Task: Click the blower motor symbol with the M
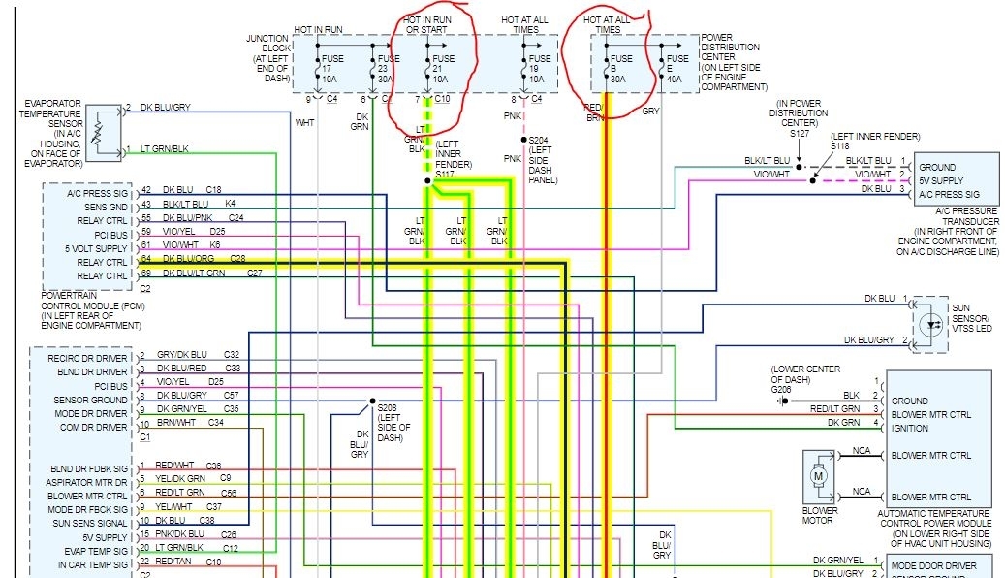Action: click(x=818, y=475)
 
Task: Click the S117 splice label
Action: click(x=446, y=174)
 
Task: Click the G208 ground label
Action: click(x=781, y=390)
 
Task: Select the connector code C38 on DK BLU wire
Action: click(x=206, y=520)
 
